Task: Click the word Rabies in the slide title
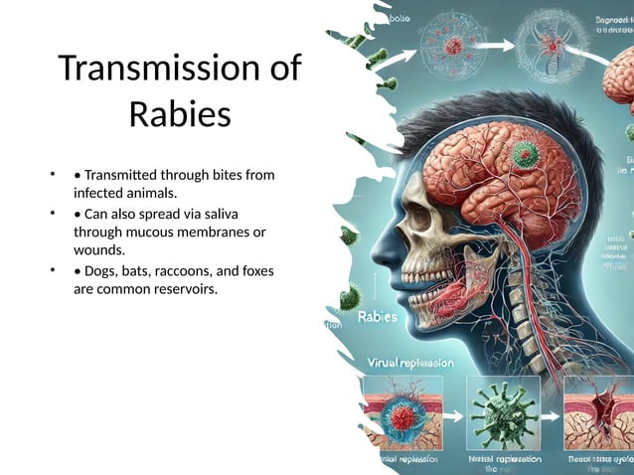180,114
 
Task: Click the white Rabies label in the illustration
377,317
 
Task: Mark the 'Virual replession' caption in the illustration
410,363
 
